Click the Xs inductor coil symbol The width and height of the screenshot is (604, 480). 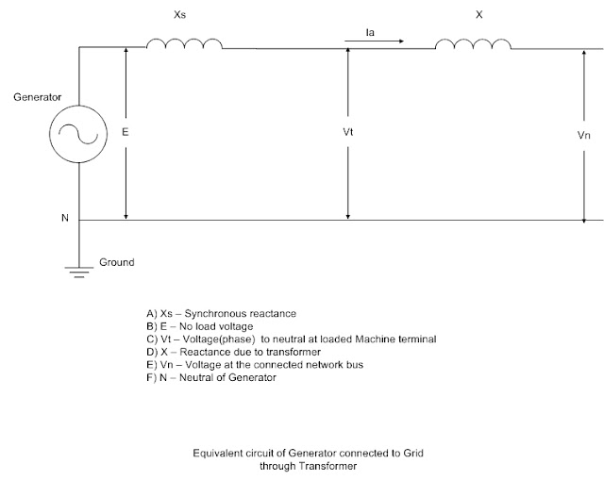(184, 43)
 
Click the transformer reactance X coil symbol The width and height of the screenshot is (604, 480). (473, 44)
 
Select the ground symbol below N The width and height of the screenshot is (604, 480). (79, 273)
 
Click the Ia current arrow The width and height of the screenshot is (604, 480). (374, 41)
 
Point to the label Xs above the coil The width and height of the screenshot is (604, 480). (180, 15)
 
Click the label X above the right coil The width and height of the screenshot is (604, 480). (478, 15)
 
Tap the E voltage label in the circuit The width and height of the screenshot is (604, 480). (126, 132)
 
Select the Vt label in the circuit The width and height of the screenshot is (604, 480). (348, 132)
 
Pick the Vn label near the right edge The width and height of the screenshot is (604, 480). (583, 135)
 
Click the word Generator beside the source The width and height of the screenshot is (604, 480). (38, 97)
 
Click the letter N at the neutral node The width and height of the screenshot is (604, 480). (65, 218)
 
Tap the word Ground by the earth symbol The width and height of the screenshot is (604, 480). (117, 262)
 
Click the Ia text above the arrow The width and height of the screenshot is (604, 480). (370, 32)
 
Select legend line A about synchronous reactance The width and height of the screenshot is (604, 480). (221, 314)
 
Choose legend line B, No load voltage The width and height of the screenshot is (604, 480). (199, 326)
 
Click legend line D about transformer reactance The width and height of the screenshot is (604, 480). (233, 352)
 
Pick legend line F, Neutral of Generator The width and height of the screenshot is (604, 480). (211, 377)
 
